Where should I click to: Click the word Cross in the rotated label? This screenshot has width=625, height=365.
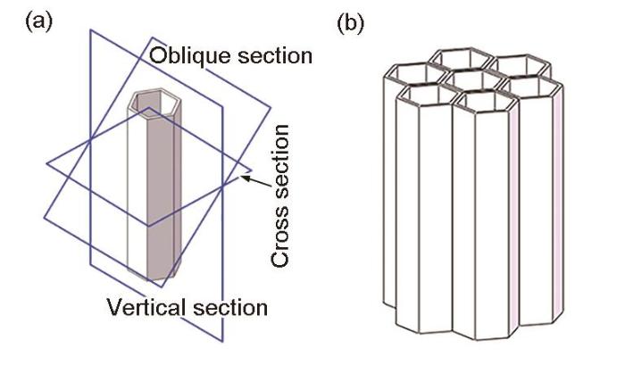point(280,236)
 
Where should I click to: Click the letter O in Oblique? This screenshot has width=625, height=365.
point(158,55)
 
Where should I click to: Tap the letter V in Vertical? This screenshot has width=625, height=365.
point(112,309)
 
